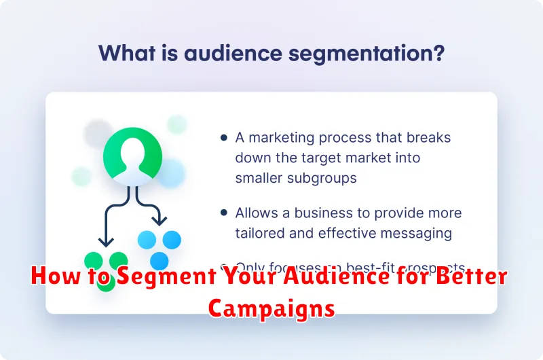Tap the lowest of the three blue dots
tap(159, 261)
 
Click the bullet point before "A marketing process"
tap(224, 138)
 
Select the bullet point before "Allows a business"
tap(224, 213)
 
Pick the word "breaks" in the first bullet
tap(430, 137)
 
